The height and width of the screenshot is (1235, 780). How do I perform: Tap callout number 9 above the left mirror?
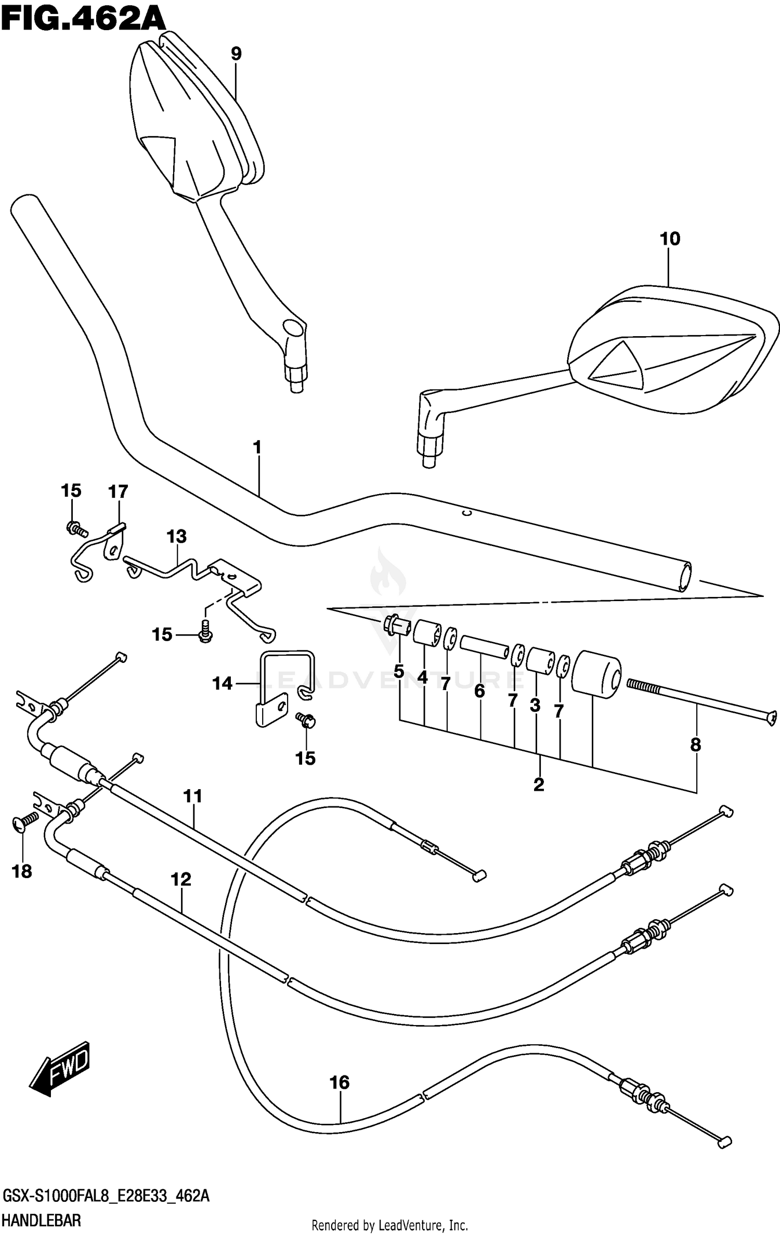236,54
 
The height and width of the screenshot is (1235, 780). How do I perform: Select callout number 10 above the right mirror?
670,239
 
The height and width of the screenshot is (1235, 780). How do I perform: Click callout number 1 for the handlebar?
257,447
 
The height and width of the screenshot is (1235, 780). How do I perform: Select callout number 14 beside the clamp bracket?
222,683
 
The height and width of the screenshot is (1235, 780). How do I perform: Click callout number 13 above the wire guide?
177,536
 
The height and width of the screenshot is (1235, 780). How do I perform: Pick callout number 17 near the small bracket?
118,491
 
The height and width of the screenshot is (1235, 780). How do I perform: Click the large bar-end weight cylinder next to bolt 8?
595,673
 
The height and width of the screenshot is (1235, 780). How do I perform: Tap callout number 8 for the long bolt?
696,745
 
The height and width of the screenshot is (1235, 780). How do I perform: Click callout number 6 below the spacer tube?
479,690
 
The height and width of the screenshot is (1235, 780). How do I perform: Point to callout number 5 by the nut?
399,671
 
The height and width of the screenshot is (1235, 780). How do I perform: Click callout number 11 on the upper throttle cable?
192,796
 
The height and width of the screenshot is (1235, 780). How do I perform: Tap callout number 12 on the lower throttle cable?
181,879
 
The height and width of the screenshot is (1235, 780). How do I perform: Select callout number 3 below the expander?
535,705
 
